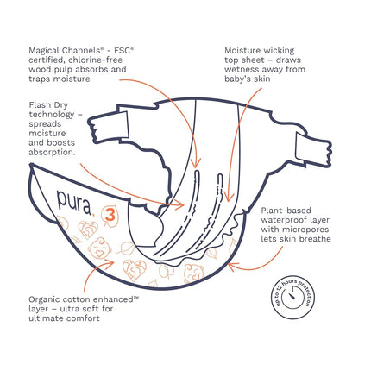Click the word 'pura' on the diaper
74,202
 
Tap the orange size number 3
110,215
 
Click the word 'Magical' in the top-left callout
44,51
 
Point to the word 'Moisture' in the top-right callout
242,51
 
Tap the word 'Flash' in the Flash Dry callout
41,105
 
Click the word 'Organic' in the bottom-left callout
45,300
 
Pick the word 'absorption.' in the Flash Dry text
52,153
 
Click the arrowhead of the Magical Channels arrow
196,163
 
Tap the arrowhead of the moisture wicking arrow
229,197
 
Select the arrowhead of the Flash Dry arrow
180,204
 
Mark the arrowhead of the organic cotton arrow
110,261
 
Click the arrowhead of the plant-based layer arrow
232,266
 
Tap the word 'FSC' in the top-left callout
124,51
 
